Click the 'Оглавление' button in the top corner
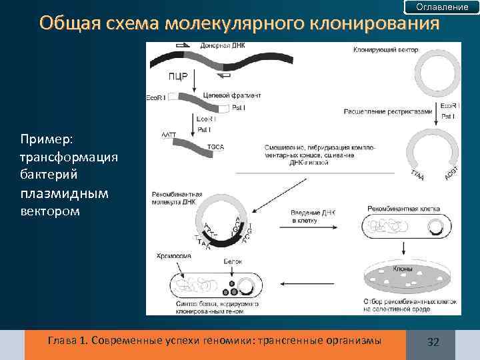442,7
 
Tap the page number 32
433,342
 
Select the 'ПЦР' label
177,75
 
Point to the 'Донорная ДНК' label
225,46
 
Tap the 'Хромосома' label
175,256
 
